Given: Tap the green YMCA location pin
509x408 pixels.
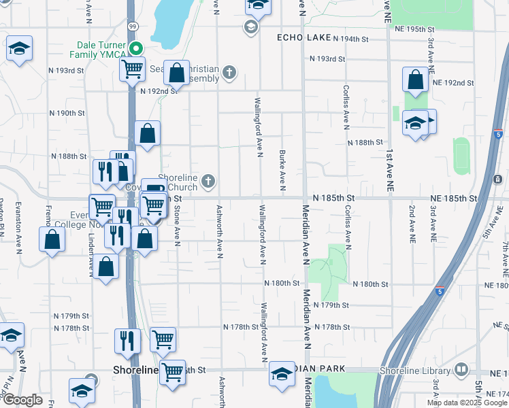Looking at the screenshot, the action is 136,48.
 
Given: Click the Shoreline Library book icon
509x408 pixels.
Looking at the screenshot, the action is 462,370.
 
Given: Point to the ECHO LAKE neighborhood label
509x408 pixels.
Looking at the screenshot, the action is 303,37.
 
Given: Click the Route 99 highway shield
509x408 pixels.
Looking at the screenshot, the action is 134,26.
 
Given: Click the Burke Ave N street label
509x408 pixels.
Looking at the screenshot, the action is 282,171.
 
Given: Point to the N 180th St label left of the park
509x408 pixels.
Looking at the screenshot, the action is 282,283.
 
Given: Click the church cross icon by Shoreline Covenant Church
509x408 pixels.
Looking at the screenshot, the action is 209,181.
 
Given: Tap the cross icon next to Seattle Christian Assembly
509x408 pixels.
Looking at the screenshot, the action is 230,71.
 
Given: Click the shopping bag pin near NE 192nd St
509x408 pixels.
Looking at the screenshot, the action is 415,80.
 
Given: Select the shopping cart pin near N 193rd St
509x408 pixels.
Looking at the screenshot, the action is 132,68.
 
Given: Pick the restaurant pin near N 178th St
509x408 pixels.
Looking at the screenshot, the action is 127,340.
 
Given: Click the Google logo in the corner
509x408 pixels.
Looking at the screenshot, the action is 22,400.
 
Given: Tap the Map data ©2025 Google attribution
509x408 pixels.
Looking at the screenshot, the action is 466,403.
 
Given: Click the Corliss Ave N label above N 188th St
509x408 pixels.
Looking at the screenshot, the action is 346,107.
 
